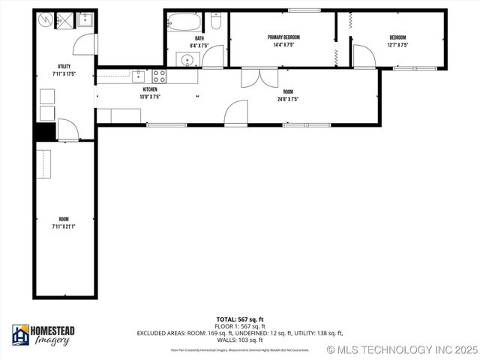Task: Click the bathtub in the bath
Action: [184, 22]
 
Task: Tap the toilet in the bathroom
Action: [216, 22]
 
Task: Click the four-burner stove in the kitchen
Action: [159, 76]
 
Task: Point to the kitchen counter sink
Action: [139, 76]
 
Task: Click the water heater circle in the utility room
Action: [46, 19]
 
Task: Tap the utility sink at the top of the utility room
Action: [84, 20]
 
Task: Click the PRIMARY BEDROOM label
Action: [282, 37]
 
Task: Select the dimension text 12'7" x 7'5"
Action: [397, 44]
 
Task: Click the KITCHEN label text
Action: [150, 89]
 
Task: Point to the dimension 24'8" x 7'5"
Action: [288, 99]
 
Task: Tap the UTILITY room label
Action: [64, 67]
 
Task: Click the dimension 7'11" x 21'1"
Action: [64, 226]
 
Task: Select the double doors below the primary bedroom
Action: [253, 78]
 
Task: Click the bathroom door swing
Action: [213, 57]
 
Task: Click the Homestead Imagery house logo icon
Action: [21, 334]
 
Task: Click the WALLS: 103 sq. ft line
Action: [239, 340]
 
